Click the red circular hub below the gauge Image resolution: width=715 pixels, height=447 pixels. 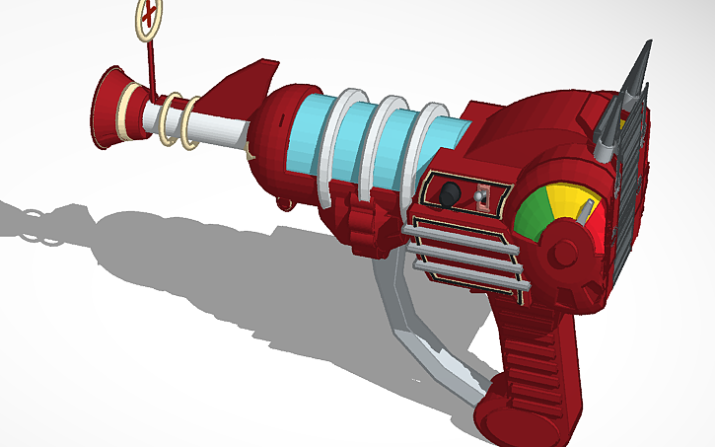coord(564,253)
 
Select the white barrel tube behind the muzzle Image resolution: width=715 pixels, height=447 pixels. coord(212,129)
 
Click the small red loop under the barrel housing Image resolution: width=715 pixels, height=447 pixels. coord(287,204)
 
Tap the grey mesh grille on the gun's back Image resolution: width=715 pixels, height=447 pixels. coord(631,187)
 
